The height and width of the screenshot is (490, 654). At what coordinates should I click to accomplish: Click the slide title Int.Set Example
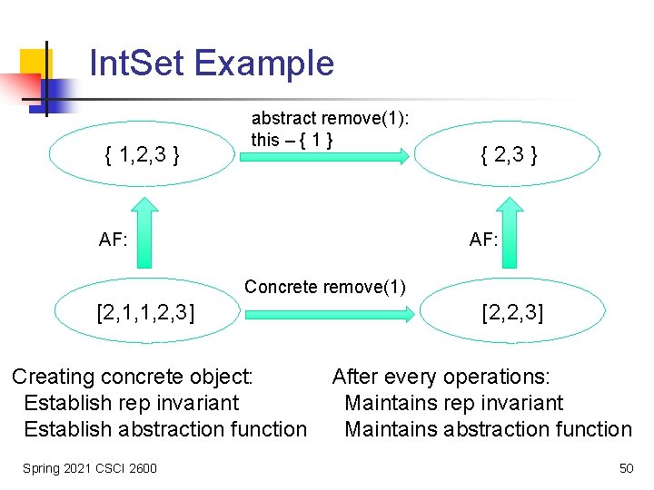click(x=212, y=64)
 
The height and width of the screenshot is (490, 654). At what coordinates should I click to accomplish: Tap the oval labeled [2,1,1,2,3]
click(x=145, y=314)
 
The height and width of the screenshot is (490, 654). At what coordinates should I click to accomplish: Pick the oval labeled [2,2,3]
click(x=513, y=314)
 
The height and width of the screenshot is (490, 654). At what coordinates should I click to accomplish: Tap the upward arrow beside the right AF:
click(x=511, y=235)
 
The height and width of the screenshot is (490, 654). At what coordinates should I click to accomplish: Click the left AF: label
click(x=114, y=240)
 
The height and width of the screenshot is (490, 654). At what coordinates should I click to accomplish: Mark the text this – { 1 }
click(x=292, y=140)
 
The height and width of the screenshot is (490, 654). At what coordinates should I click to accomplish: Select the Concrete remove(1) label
click(x=325, y=288)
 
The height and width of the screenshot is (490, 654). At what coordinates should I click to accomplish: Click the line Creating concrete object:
click(x=133, y=377)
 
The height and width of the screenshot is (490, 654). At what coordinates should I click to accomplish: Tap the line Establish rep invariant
click(x=131, y=403)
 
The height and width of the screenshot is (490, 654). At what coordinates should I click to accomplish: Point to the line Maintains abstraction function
click(x=488, y=429)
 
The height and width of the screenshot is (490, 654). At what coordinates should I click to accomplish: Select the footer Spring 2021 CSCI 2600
click(x=90, y=468)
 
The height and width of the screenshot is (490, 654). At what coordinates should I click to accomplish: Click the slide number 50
click(x=626, y=468)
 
